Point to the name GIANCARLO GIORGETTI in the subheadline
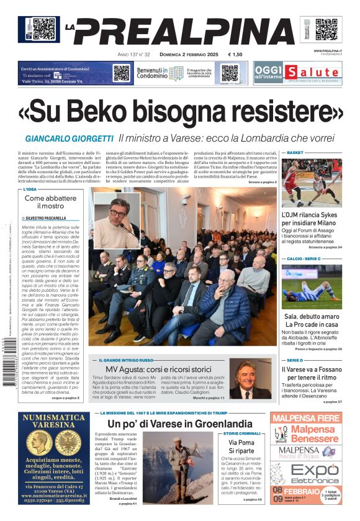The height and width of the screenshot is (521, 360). coord(70,138)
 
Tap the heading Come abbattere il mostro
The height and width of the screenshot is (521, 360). coord(53,202)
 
